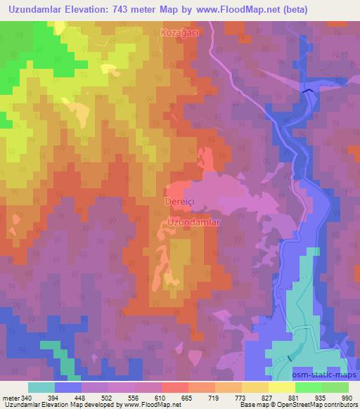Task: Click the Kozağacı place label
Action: pyautogui.click(x=186, y=33)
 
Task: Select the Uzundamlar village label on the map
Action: pyautogui.click(x=195, y=222)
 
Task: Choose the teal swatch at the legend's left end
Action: pyautogui.click(x=41, y=387)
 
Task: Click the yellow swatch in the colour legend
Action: pyautogui.click(x=281, y=387)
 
